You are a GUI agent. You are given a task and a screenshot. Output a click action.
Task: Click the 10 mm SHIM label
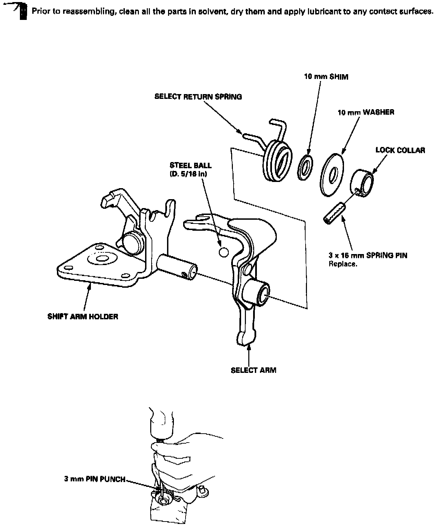tap(326, 77)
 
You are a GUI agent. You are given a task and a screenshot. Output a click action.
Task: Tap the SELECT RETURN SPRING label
tap(198, 97)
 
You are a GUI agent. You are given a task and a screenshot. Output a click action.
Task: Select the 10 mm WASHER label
tap(366, 113)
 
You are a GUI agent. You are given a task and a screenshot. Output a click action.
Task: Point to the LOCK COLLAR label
tap(400, 150)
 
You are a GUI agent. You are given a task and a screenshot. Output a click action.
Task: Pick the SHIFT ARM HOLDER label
tap(83, 317)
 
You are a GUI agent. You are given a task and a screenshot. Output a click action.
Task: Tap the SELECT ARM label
tap(253, 370)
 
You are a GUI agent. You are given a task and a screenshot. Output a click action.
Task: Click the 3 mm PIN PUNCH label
tap(95, 479)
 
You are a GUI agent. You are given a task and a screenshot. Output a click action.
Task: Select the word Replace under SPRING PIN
tap(341, 264)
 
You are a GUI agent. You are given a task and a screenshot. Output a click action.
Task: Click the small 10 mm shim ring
tap(305, 167)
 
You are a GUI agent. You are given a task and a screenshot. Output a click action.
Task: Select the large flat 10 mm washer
tap(332, 175)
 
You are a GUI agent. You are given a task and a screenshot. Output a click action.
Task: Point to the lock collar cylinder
tap(362, 182)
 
